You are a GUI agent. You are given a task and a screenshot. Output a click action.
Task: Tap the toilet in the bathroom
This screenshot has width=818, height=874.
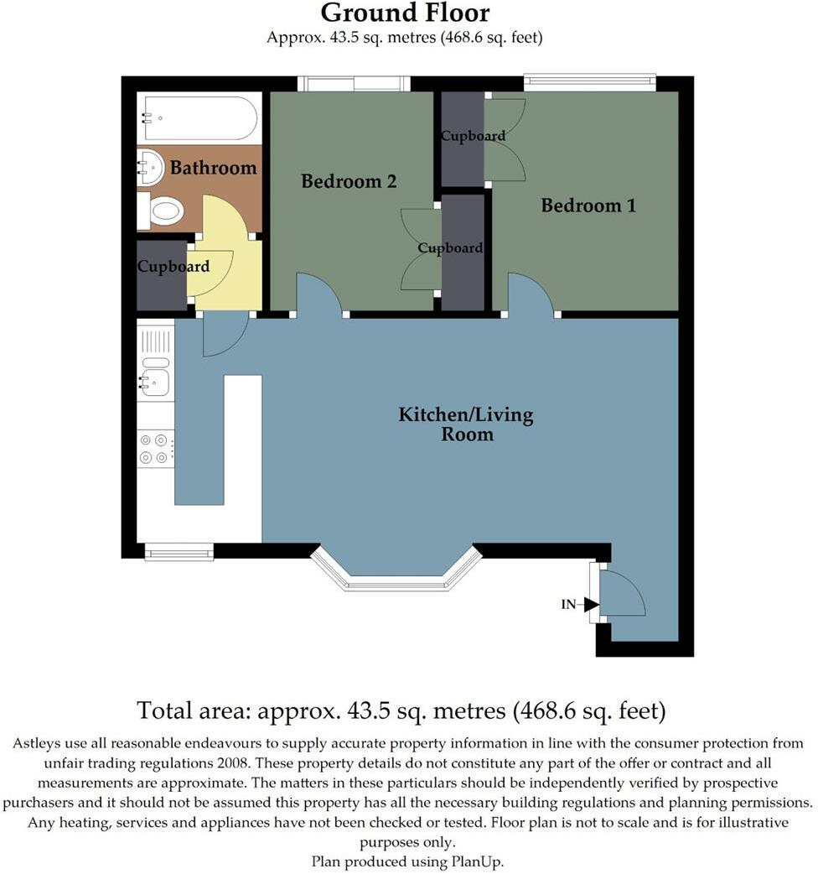click(x=163, y=211)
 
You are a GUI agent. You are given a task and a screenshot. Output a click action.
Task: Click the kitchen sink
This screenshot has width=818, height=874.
click(x=155, y=381)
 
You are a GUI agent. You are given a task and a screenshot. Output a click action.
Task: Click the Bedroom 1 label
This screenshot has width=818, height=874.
click(x=588, y=205)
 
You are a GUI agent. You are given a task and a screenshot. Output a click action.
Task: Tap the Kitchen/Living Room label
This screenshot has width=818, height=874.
click(x=465, y=424)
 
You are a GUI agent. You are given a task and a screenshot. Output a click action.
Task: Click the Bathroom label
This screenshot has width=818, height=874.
click(x=213, y=168)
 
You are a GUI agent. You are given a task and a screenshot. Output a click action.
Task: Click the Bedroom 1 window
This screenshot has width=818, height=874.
click(x=589, y=81)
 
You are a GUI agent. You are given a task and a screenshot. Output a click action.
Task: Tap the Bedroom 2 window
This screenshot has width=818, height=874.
click(x=354, y=83)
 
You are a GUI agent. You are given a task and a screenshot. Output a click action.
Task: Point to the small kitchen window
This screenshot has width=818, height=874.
click(x=179, y=552)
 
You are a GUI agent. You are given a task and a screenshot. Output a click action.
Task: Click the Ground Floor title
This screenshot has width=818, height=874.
click(x=405, y=13)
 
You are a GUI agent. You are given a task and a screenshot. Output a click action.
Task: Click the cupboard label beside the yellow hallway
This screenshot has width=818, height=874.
click(x=173, y=267)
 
